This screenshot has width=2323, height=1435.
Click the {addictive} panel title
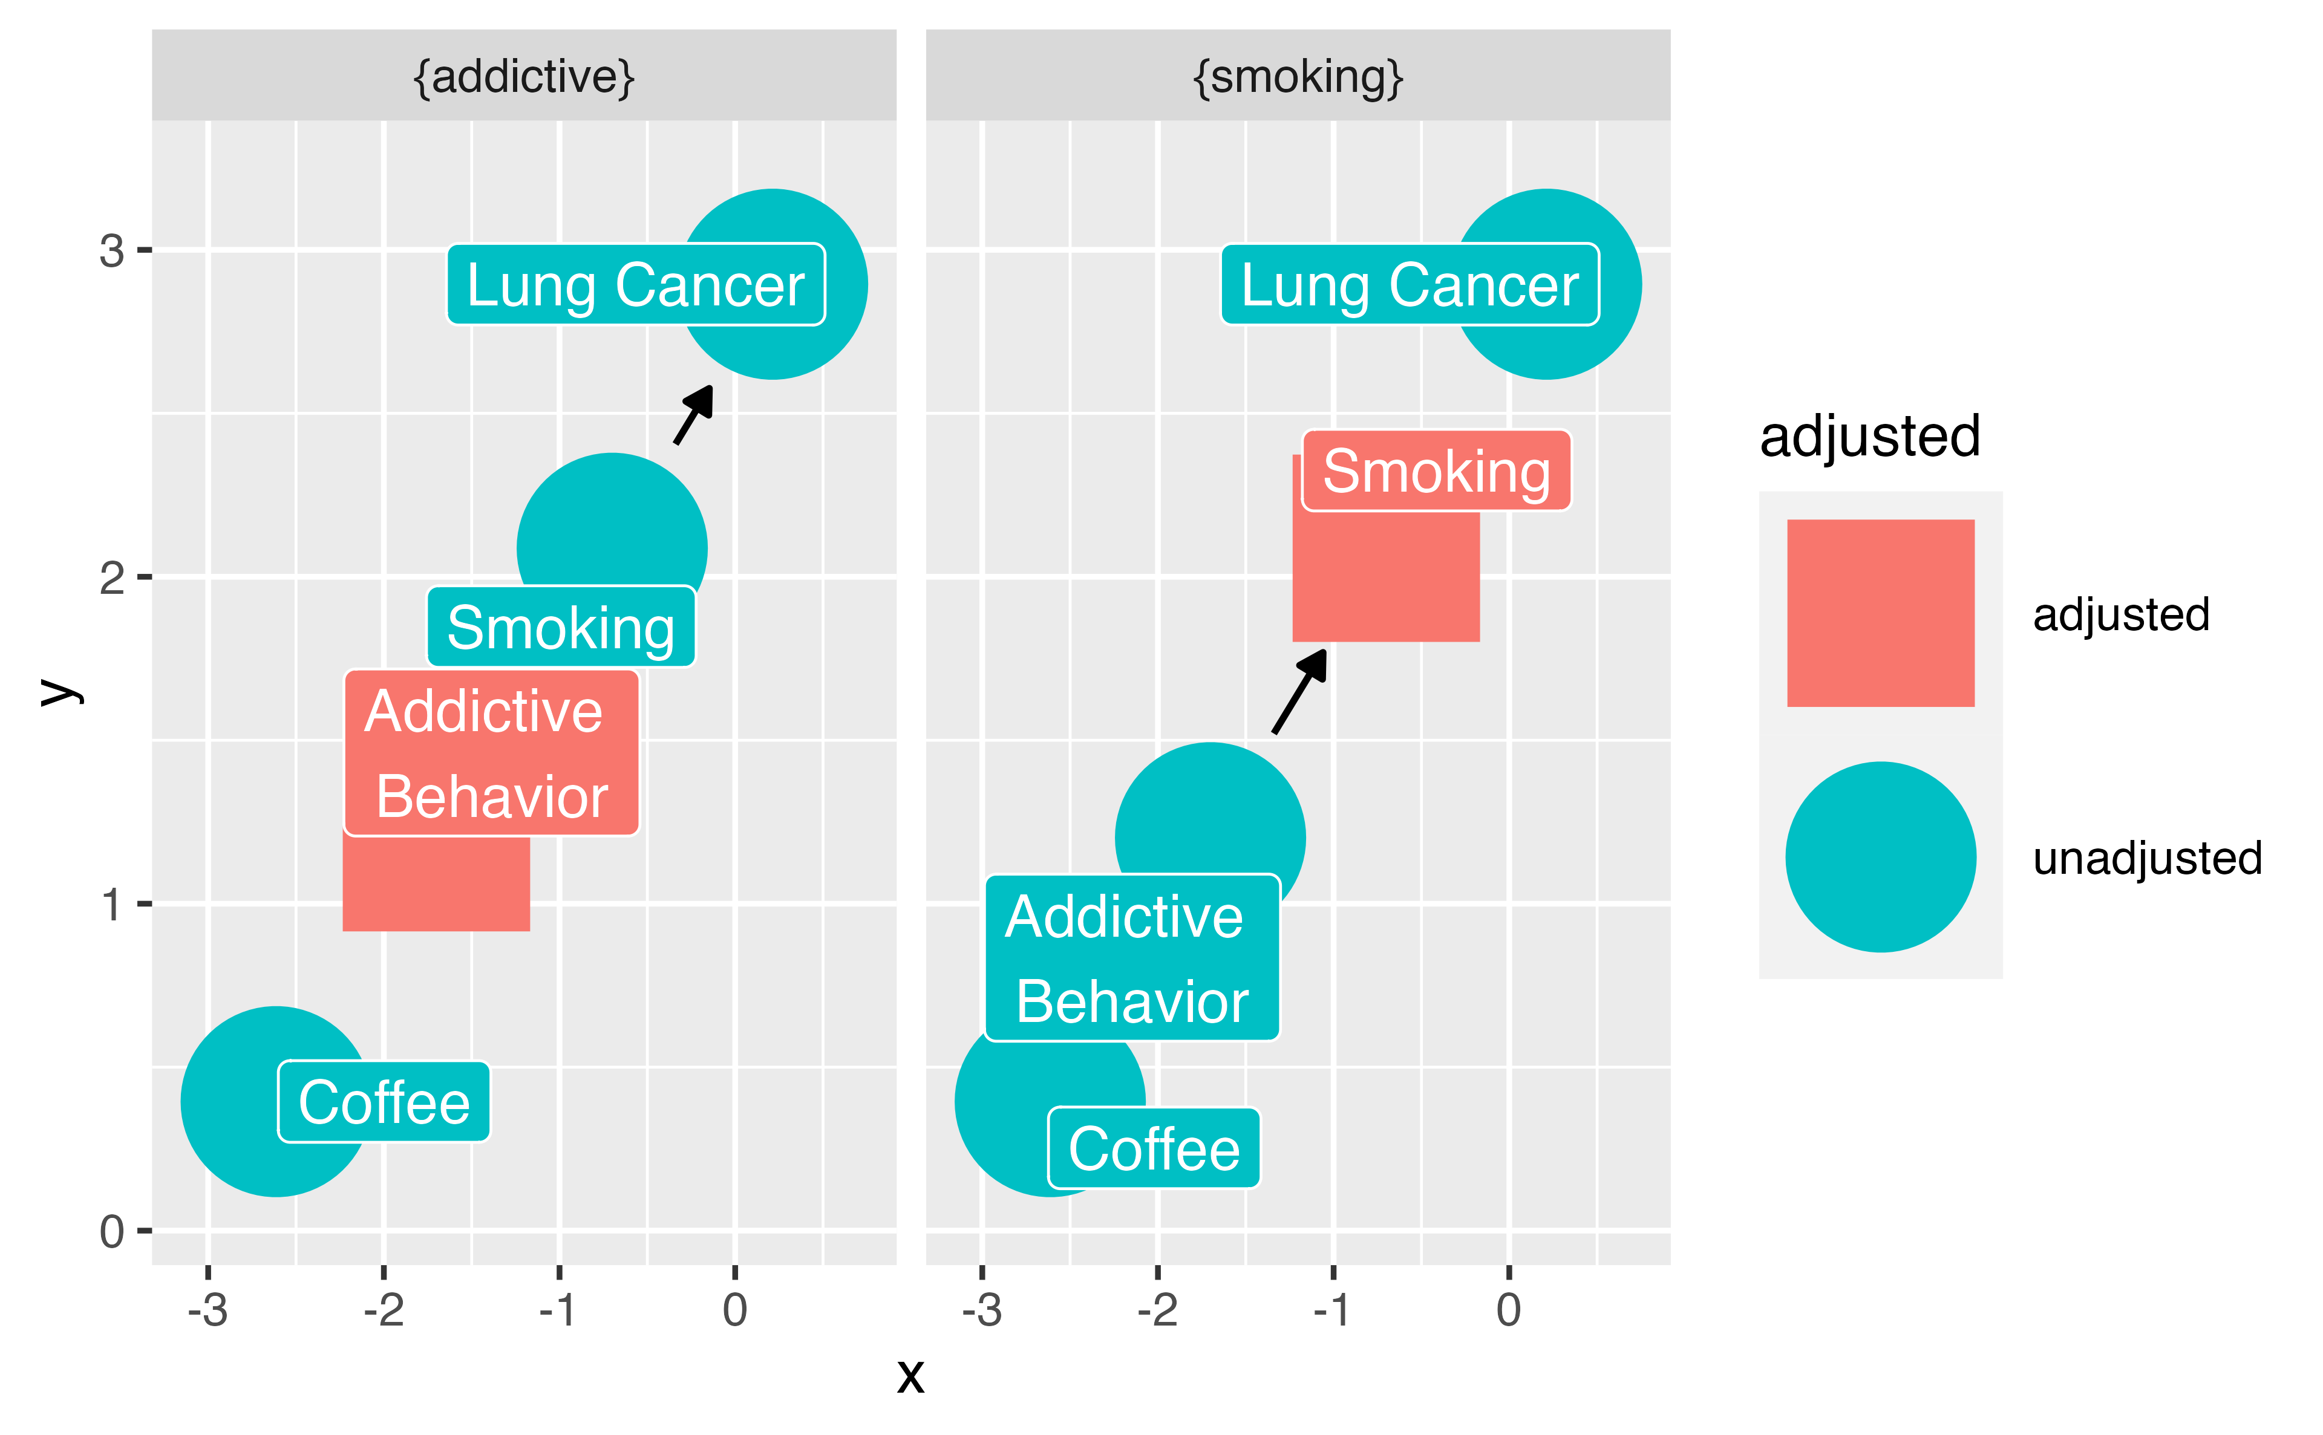[523, 76]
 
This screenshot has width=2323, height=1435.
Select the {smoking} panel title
[1297, 76]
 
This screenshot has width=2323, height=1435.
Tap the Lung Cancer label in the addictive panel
[635, 285]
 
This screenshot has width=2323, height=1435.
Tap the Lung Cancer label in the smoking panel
[1409, 285]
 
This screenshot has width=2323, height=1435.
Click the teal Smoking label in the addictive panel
[560, 627]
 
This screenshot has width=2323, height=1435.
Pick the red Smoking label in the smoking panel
[1436, 470]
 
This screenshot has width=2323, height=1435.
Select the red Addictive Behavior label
[491, 753]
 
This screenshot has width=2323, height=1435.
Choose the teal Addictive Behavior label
[1132, 958]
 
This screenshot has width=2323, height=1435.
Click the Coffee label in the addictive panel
[384, 1102]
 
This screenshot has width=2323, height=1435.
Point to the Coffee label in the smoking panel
[1154, 1148]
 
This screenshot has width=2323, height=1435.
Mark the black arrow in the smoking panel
[1299, 691]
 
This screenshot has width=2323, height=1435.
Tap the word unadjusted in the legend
[2148, 858]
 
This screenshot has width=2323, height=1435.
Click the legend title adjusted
[1869, 437]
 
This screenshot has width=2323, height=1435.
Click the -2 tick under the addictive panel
[384, 1310]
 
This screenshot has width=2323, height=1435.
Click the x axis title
[910, 1375]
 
